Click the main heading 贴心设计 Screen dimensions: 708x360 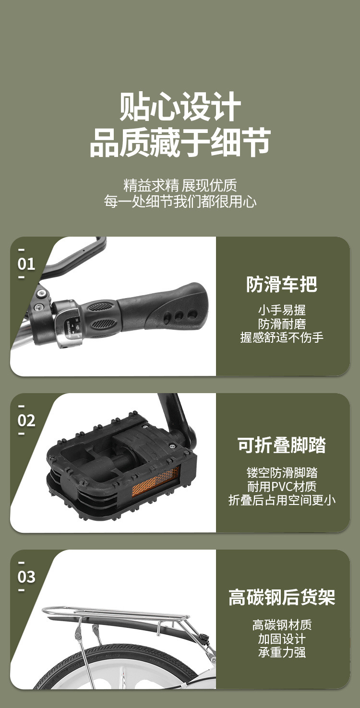click(180, 107)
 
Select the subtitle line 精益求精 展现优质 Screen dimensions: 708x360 click(180, 185)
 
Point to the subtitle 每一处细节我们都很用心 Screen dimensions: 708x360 click(180, 201)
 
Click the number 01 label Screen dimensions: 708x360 click(26, 264)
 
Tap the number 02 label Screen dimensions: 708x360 click(26, 420)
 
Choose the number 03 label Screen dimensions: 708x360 click(26, 576)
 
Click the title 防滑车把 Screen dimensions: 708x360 click(282, 284)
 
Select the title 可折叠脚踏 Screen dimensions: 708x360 click(282, 445)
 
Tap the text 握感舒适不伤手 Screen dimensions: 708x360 click(282, 337)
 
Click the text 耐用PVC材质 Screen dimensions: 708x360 click(282, 486)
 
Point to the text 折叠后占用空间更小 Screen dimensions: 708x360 click(282, 500)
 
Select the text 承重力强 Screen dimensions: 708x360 click(282, 652)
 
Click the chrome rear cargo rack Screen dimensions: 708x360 click(115, 612)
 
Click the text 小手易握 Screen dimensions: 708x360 click(282, 310)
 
